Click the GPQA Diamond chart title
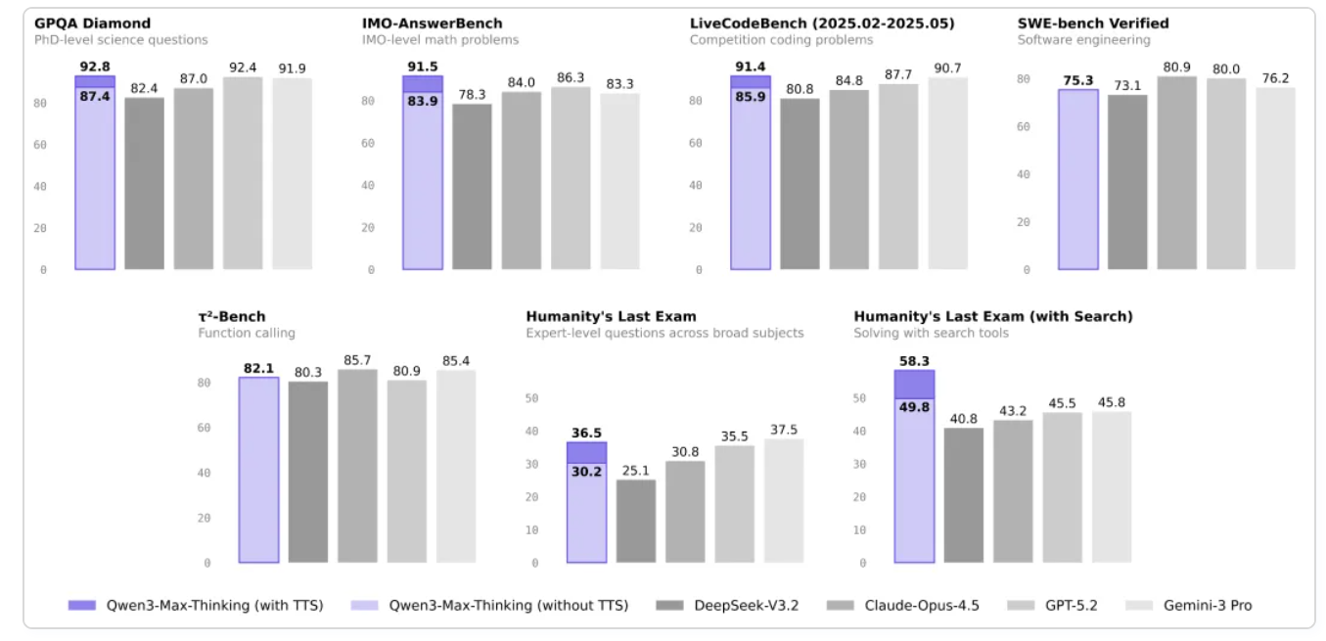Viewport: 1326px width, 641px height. click(x=92, y=23)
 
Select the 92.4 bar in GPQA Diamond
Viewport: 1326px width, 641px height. click(x=243, y=173)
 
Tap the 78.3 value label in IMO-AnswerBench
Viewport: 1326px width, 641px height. click(x=472, y=95)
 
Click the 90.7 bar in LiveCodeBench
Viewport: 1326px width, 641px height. click(x=947, y=173)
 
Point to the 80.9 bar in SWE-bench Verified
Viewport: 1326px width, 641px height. click(x=1177, y=173)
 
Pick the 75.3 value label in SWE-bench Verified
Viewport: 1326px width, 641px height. click(x=1078, y=80)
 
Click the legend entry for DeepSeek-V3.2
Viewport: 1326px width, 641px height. click(x=727, y=606)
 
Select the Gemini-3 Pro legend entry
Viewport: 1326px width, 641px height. click(x=1189, y=606)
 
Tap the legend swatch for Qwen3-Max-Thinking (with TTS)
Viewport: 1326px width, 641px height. click(x=81, y=606)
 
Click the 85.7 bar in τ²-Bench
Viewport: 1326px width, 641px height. click(x=357, y=466)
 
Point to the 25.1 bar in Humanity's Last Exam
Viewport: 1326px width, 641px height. click(x=636, y=521)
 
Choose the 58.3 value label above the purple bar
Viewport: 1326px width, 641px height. click(x=914, y=361)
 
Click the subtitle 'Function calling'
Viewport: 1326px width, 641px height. click(x=247, y=334)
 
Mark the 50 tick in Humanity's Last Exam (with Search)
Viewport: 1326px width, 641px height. click(x=859, y=398)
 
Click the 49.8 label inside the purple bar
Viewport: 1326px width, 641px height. click(x=914, y=407)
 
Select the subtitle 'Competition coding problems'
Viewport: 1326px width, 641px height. click(x=781, y=40)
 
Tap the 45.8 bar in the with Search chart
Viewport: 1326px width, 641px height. click(x=1112, y=487)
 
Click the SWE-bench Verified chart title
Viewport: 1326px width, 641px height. click(x=1093, y=23)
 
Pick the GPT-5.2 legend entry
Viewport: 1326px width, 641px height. click(x=1053, y=606)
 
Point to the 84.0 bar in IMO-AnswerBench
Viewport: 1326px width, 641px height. click(x=522, y=180)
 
